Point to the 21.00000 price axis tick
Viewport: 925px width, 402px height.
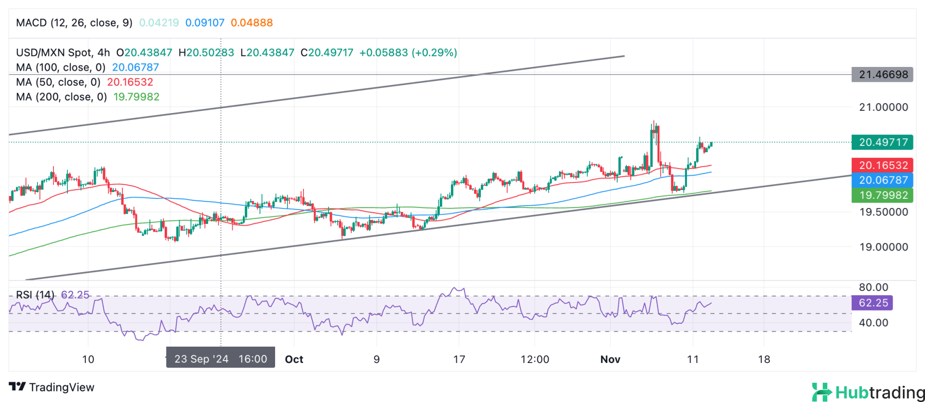pos(884,107)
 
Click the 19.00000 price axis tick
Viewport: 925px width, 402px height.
pos(884,247)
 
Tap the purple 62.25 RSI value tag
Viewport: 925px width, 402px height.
pos(872,303)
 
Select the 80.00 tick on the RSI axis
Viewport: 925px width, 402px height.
pos(873,287)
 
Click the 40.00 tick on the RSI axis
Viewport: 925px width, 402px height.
pos(873,323)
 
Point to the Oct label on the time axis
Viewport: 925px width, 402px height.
pos(294,359)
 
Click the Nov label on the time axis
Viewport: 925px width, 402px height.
pos(610,359)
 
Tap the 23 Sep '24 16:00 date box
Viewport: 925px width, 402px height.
pos(221,359)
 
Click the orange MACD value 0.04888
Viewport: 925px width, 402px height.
pos(251,23)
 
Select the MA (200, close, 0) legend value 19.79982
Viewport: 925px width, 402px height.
pos(136,97)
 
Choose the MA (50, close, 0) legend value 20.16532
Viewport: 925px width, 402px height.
pos(130,82)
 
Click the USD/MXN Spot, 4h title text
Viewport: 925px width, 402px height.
pos(63,52)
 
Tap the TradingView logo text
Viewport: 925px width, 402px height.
pos(52,387)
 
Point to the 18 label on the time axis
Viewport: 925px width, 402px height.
pos(764,359)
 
